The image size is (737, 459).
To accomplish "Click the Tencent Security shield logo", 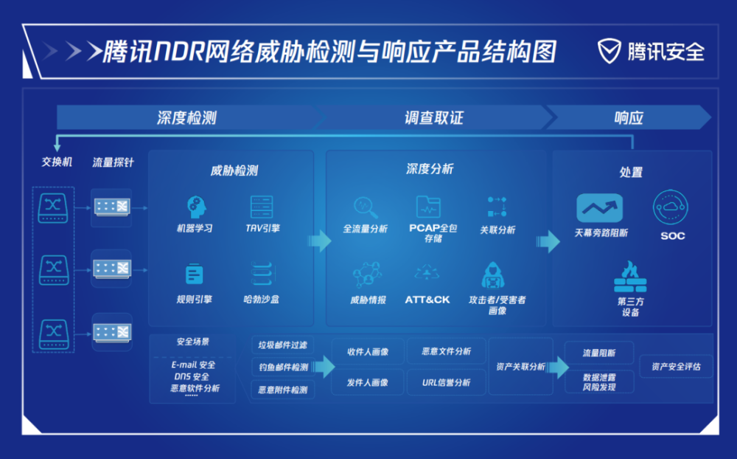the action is (x=609, y=52).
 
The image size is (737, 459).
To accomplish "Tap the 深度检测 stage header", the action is (x=187, y=117).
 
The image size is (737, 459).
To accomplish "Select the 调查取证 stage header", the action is (x=434, y=117).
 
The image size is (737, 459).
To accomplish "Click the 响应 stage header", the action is (x=629, y=117).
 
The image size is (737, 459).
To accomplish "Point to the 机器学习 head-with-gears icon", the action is (x=196, y=207).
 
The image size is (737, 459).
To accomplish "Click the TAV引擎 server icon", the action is (x=262, y=207).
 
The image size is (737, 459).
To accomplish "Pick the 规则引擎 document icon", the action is (x=194, y=274).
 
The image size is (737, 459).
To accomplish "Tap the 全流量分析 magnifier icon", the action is (x=366, y=207).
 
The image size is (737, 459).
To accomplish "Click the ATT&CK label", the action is (x=427, y=300).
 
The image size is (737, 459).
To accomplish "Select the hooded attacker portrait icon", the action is (x=492, y=275).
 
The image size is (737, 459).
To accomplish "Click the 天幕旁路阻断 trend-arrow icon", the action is (x=600, y=207).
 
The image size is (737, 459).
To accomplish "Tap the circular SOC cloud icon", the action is (x=670, y=207).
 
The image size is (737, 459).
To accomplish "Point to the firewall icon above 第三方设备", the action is (x=630, y=277).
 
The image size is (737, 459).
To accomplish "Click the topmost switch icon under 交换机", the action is (x=53, y=207).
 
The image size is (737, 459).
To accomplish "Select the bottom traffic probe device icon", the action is (x=112, y=332).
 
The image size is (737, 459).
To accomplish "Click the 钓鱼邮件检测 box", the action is (x=283, y=367).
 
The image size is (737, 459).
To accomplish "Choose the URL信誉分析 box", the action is (x=446, y=383).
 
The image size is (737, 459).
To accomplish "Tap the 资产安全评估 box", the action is (x=676, y=367).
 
